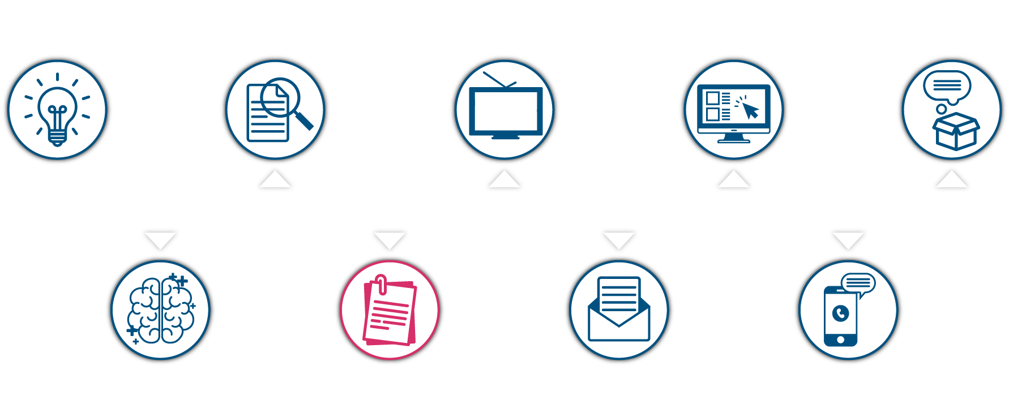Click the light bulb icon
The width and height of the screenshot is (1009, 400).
(57, 110)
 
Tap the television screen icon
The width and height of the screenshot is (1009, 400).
(505, 112)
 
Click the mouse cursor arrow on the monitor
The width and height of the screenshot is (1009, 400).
(750, 110)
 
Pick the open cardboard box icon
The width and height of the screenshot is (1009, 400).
(956, 131)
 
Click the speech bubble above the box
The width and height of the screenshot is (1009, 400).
(947, 86)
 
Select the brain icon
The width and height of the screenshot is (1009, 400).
(161, 309)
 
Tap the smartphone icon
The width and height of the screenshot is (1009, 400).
(840, 316)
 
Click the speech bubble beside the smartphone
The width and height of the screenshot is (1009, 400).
(858, 283)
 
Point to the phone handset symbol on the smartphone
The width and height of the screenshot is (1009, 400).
(841, 312)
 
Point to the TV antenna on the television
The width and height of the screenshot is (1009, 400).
(499, 80)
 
